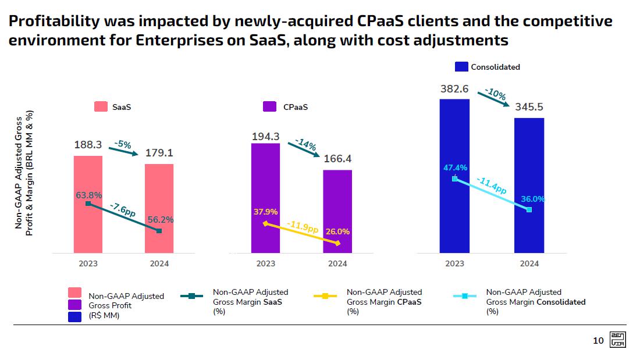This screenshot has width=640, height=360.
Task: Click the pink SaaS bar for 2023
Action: pyautogui.click(x=88, y=233)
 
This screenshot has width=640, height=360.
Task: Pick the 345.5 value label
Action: pyautogui.click(x=529, y=107)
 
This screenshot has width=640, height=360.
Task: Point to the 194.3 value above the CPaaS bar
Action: pyautogui.click(x=266, y=137)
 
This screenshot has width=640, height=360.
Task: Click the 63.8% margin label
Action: pyautogui.click(x=88, y=195)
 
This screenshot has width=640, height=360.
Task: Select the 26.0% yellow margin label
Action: pyautogui.click(x=337, y=231)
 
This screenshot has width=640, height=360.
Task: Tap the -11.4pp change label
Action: pyautogui.click(x=491, y=186)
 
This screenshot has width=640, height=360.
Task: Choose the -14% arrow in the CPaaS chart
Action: pyautogui.click(x=306, y=147)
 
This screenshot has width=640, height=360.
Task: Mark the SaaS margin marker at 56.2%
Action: pyautogui.click(x=159, y=231)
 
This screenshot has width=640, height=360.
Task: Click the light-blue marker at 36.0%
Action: pyautogui.click(x=529, y=209)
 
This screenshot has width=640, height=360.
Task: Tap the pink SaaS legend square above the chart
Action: pyautogui.click(x=101, y=107)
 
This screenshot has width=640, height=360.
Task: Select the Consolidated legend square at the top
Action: pyautogui.click(x=461, y=67)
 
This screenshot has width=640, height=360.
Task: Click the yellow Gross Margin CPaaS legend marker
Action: pyautogui.click(x=325, y=296)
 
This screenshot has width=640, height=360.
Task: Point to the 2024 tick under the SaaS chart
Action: pyautogui.click(x=159, y=263)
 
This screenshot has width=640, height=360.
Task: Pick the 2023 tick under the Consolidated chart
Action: pyautogui.click(x=454, y=263)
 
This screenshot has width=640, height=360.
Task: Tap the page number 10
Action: pyautogui.click(x=598, y=341)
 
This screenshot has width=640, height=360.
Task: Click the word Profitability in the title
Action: pyautogui.click(x=53, y=22)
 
